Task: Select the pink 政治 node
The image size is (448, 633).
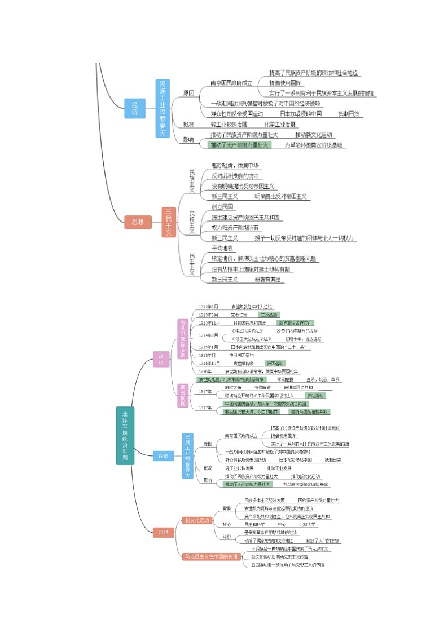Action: [x=161, y=359]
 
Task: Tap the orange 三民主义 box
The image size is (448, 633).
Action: [x=169, y=222]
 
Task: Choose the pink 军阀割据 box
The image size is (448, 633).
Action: [x=182, y=396]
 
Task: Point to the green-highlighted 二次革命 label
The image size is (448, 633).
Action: [x=269, y=315]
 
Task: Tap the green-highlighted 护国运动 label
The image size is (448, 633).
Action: [x=275, y=364]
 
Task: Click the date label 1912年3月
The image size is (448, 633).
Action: [x=208, y=306]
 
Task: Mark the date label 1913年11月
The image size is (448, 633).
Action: [x=209, y=323]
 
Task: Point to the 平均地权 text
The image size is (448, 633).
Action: [x=222, y=248]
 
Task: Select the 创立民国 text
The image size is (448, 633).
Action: [x=222, y=206]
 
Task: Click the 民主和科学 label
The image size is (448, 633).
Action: [x=255, y=524]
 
